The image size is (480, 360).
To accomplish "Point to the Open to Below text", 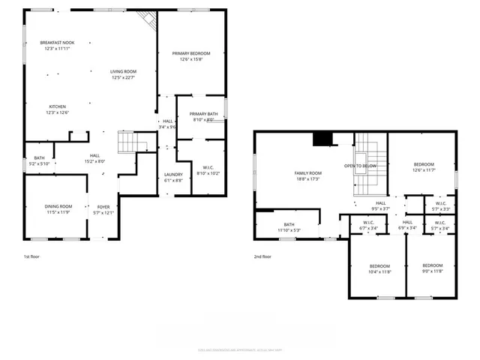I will (x=360, y=165).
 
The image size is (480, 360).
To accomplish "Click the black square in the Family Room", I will (x=322, y=139).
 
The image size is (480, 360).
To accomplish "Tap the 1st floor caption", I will (x=31, y=256).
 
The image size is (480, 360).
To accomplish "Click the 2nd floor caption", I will (x=262, y=256).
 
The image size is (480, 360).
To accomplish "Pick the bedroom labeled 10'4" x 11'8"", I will (x=380, y=269).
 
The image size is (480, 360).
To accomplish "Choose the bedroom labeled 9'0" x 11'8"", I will (x=432, y=269).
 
